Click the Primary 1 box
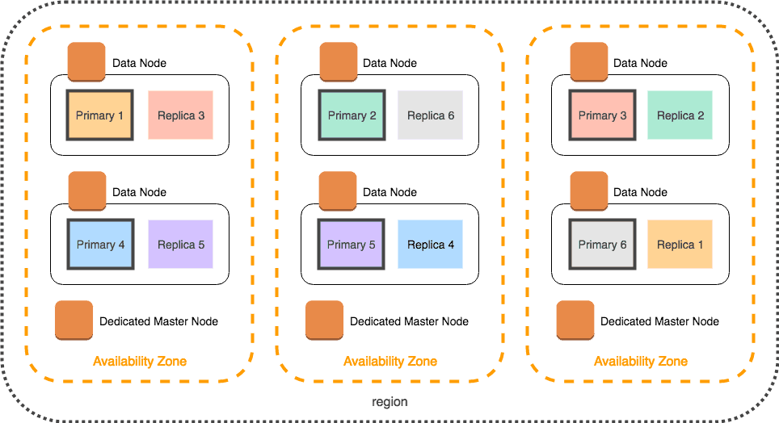pos(99,115)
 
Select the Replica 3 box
pos(180,115)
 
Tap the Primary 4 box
pos(99,245)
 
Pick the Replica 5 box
pos(180,245)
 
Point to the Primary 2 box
pos(352,115)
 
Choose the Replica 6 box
pos(430,115)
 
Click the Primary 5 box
pos(352,245)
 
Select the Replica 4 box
pos(430,245)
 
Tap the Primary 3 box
pos(602,115)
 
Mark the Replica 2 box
pos(680,115)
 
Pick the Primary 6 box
pos(602,245)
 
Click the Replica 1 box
pos(680,245)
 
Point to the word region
pos(389,402)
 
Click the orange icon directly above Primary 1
pos(86,62)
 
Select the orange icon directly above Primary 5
pos(338,191)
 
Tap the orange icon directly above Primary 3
pos(589,62)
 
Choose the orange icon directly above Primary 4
pos(86,191)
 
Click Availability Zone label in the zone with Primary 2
pos(390,361)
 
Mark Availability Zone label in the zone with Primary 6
pos(641,361)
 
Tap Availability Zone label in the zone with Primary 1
pos(140,361)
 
